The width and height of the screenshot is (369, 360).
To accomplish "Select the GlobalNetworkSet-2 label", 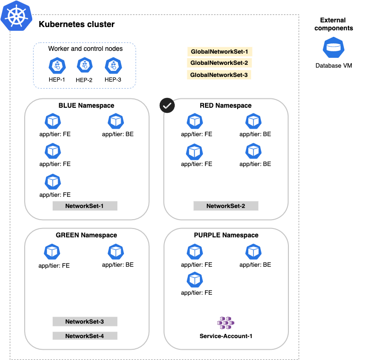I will [x=219, y=63].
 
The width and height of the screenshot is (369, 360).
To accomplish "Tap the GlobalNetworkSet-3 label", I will [x=219, y=75].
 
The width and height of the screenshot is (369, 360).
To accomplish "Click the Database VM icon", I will [x=333, y=48].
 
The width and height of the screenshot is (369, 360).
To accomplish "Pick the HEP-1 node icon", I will [x=57, y=65].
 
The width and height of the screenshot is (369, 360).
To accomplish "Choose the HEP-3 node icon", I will [x=113, y=65].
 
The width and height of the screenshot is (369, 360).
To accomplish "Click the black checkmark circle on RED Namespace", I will [x=167, y=105].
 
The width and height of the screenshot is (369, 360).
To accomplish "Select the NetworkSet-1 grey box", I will [x=84, y=206].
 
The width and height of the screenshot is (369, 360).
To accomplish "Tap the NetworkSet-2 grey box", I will [x=225, y=206].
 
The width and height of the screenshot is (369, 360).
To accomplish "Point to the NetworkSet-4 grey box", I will [x=84, y=336].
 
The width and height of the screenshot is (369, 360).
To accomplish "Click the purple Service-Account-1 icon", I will [x=226, y=323].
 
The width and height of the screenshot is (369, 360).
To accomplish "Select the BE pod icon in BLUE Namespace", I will [x=116, y=122].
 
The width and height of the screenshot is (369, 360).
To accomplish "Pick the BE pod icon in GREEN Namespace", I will [x=116, y=252].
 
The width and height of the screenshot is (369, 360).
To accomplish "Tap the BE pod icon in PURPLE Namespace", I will [x=253, y=252].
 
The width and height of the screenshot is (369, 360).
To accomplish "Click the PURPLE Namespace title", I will [x=226, y=235].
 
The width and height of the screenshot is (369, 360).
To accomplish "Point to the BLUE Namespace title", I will [x=86, y=106].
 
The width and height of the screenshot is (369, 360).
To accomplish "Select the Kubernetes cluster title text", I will [x=76, y=24].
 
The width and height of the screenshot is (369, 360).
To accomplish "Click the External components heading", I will [x=334, y=24].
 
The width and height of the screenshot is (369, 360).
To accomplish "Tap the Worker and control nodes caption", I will [x=85, y=49].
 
